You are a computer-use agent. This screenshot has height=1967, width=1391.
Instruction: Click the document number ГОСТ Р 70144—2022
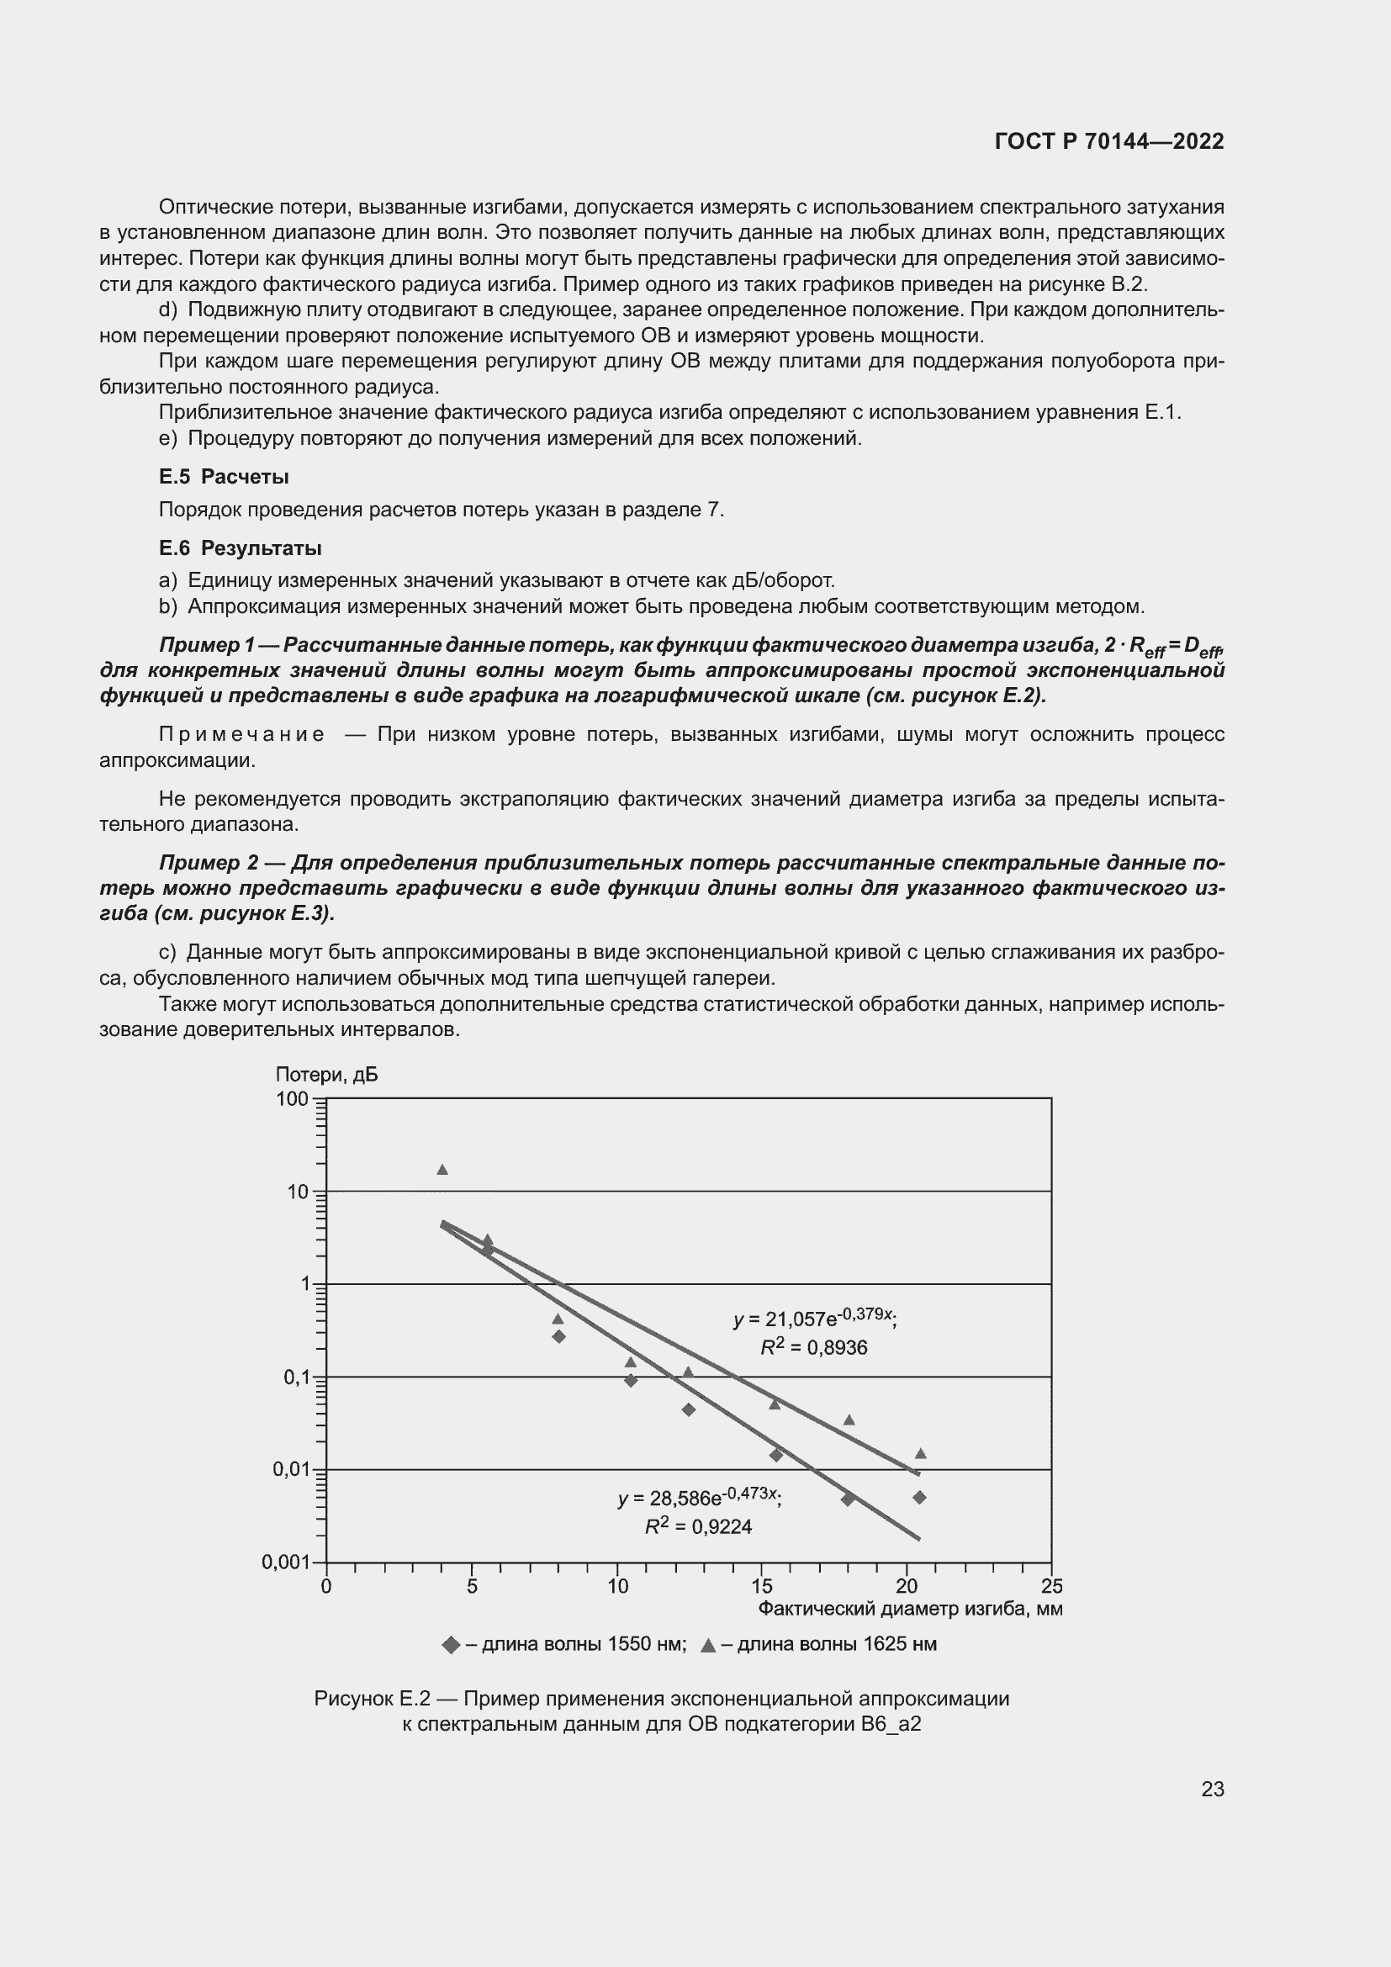pyautogui.click(x=1109, y=142)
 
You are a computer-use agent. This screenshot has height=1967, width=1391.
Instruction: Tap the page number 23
pyautogui.click(x=1212, y=1789)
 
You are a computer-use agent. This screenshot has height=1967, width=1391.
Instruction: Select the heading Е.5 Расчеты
pyautogui.click(x=224, y=477)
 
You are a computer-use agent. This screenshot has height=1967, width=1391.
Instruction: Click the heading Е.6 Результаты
pyautogui.click(x=240, y=548)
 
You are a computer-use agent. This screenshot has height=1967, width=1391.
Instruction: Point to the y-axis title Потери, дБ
pyautogui.click(x=326, y=1076)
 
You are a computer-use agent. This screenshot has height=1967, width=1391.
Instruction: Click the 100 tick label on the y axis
pyautogui.click(x=292, y=1099)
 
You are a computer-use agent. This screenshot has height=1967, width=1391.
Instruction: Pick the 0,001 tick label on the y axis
pyautogui.click(x=285, y=1562)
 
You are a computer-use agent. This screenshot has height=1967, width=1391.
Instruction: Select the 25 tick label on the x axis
pyautogui.click(x=1052, y=1587)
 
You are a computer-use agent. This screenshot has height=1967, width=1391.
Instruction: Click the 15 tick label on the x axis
pyautogui.click(x=761, y=1587)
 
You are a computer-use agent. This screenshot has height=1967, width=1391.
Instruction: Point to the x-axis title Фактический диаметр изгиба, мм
pyautogui.click(x=910, y=1609)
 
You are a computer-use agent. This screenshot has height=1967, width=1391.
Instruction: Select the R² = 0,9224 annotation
pyautogui.click(x=698, y=1526)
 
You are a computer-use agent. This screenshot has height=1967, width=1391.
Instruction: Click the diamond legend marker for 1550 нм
pyautogui.click(x=452, y=1645)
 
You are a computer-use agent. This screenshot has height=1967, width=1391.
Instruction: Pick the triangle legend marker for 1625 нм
pyautogui.click(x=707, y=1645)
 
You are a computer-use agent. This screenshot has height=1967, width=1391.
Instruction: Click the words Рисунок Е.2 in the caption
pyautogui.click(x=366, y=1698)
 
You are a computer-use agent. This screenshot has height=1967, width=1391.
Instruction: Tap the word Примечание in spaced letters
pyautogui.click(x=241, y=735)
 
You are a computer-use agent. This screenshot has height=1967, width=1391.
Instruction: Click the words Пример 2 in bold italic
pyautogui.click(x=208, y=863)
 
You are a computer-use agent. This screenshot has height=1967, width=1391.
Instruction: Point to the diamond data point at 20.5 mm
pyautogui.click(x=919, y=1498)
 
